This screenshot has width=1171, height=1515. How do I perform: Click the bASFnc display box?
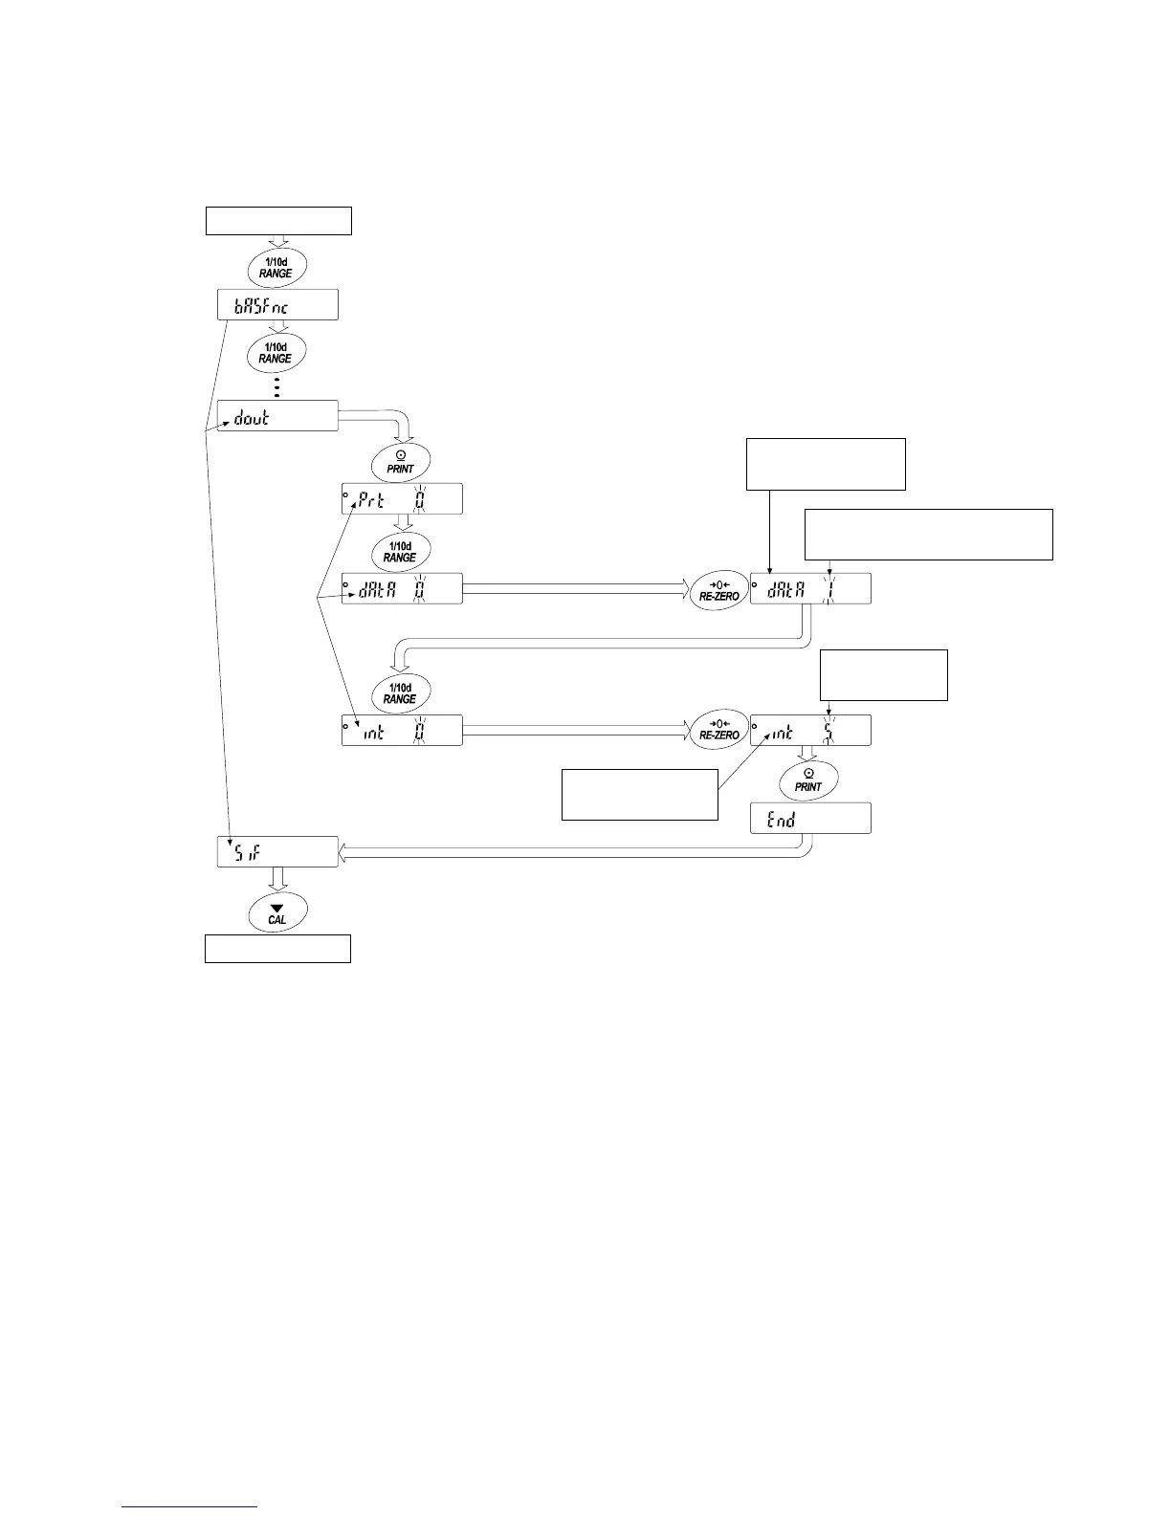pos(277,305)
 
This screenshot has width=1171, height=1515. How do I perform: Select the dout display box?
pos(277,416)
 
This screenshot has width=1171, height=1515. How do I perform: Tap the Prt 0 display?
pos(402,498)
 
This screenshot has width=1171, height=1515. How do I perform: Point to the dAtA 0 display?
pos(402,589)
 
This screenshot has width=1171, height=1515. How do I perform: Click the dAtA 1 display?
pos(810,589)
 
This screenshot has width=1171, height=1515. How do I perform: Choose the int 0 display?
pos(402,731)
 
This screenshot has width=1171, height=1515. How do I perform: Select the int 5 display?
pos(810,731)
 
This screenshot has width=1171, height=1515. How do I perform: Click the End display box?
pos(810,819)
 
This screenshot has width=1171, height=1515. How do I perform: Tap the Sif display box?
pos(277,851)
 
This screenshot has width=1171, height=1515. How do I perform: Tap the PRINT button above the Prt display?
pos(401,463)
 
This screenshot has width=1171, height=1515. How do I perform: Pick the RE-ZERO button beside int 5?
pos(719,731)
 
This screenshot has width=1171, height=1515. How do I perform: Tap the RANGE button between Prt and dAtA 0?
pos(400,552)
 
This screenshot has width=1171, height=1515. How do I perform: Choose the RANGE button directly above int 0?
pos(400,693)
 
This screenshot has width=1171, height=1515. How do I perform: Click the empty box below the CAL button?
pos(277,949)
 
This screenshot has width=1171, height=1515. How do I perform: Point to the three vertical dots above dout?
pos(276,385)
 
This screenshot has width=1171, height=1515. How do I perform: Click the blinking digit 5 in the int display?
pos(829,732)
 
